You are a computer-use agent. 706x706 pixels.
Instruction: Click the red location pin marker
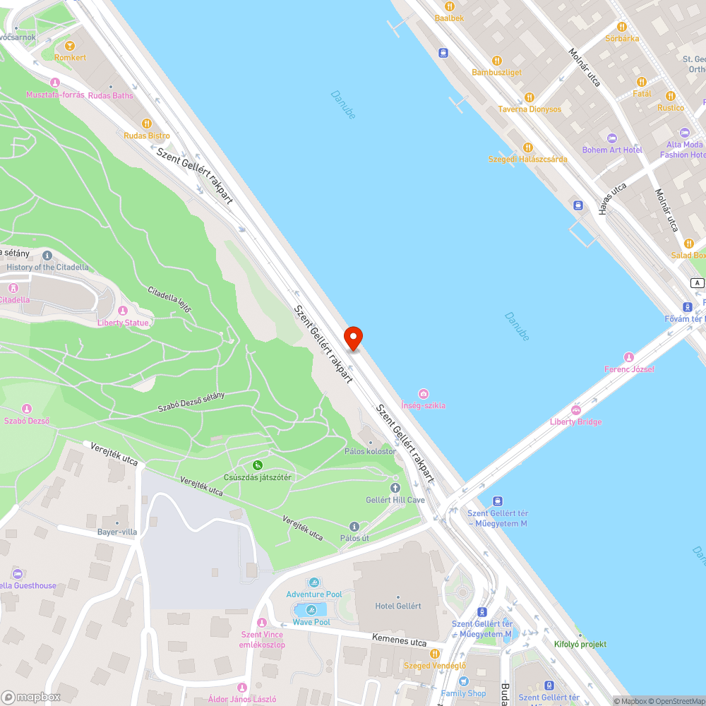[352, 337]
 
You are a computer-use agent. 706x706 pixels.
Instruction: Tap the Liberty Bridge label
[575, 421]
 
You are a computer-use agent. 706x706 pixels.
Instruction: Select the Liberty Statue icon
[123, 311]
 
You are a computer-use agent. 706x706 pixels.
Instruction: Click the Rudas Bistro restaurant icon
[147, 124]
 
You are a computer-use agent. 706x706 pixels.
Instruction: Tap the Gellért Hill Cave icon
[395, 487]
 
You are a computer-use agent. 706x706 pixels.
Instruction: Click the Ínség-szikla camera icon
[423, 393]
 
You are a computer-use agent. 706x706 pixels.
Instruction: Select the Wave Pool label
[311, 622]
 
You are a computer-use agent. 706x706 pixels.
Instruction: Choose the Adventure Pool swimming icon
[314, 582]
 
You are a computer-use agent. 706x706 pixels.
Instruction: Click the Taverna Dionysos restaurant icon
[529, 97]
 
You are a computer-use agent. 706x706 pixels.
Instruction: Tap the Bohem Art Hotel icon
[612, 138]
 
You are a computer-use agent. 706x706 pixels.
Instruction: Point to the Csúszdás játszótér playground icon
[258, 465]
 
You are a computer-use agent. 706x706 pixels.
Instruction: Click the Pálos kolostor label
[370, 451]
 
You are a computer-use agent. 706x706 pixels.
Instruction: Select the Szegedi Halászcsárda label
[527, 160]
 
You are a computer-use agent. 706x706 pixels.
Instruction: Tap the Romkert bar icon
[70, 46]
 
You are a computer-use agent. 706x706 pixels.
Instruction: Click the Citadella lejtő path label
[169, 301]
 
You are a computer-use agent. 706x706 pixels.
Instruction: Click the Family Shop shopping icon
[463, 681]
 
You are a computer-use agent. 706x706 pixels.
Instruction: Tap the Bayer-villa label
[117, 532]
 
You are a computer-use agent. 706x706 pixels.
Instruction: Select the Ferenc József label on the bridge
[629, 369]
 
